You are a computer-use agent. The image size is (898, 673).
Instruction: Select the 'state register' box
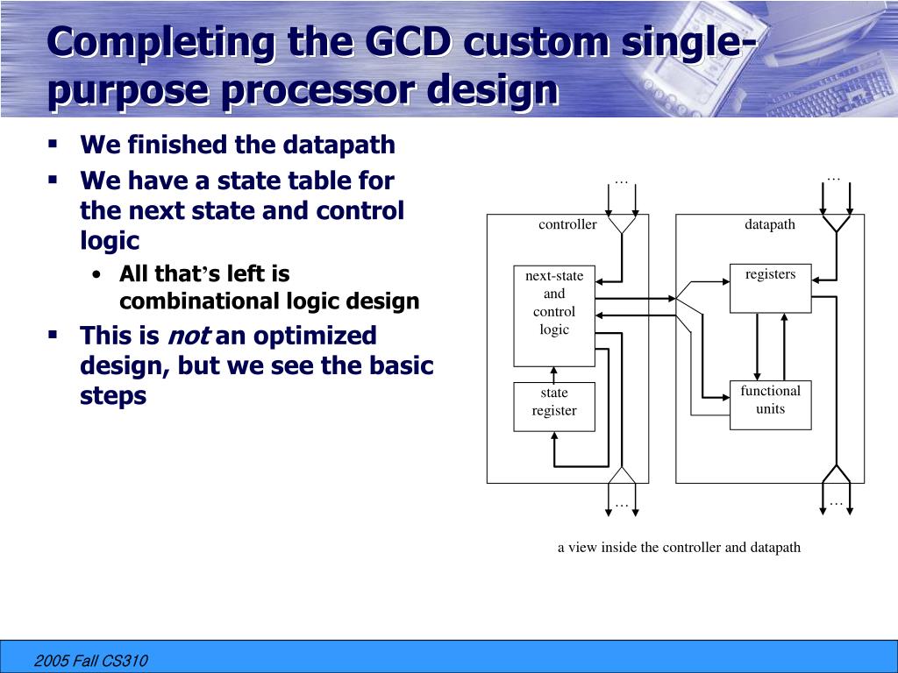(x=554, y=406)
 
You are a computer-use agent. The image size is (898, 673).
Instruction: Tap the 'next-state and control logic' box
(x=554, y=315)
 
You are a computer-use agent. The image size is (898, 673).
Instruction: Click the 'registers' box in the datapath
(x=770, y=287)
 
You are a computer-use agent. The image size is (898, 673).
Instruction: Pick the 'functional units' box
(x=770, y=404)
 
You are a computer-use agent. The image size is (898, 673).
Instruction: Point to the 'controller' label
(x=567, y=224)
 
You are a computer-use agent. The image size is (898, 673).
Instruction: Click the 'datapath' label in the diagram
(x=770, y=224)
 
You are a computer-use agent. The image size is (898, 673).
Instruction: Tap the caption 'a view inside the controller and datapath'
(x=679, y=548)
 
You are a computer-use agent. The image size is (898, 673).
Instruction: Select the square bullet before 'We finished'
(x=53, y=142)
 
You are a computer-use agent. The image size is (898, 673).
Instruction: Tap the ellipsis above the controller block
(x=622, y=181)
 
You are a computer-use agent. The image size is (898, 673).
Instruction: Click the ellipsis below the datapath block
(x=835, y=503)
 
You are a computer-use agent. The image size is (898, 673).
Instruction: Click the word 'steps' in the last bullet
(x=113, y=395)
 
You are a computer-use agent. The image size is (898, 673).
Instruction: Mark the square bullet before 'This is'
(x=53, y=334)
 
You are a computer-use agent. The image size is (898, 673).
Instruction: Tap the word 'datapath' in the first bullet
(x=349, y=145)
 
